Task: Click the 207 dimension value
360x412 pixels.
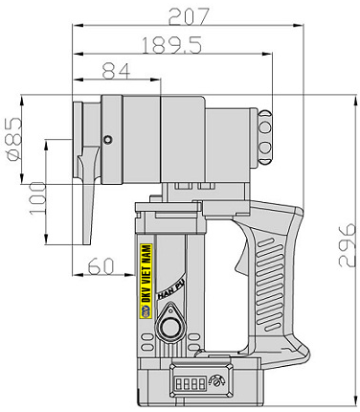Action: [189, 16]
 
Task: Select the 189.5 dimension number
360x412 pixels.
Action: [171, 45]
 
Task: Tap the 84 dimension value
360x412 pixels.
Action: [116, 71]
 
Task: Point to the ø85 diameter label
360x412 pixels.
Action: [14, 139]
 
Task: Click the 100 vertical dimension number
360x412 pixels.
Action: [37, 198]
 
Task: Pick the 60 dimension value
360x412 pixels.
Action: [101, 266]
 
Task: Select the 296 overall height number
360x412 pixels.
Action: [347, 245]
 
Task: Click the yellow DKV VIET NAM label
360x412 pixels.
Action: [146, 281]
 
